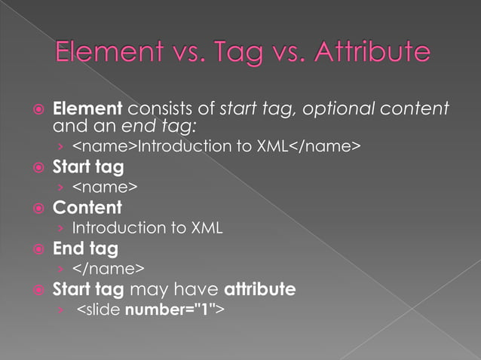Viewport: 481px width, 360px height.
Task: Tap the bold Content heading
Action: click(x=87, y=206)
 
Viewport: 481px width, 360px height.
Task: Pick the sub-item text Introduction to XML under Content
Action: click(x=147, y=227)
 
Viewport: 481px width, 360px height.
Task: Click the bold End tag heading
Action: click(x=85, y=247)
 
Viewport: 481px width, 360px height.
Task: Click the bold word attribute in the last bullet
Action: click(x=258, y=288)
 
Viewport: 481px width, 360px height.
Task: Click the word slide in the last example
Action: click(x=104, y=309)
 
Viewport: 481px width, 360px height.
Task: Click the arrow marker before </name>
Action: click(x=60, y=268)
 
